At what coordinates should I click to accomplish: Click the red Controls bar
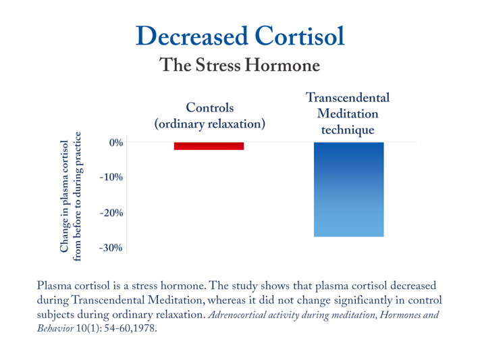[209, 146]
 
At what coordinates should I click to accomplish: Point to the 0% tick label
[114, 143]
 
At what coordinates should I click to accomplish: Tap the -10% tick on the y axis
[111, 178]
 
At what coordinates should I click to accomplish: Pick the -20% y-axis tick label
[111, 213]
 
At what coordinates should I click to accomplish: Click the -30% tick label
[111, 248]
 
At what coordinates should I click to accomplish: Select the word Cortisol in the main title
[298, 36]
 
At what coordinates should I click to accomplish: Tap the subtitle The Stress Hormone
[239, 66]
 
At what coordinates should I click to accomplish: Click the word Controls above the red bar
[209, 107]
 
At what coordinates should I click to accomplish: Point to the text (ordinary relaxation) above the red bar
[209, 124]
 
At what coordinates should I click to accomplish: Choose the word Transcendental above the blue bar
[348, 98]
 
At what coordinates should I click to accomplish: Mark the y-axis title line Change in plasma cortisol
[64, 197]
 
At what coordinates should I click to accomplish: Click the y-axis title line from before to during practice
[78, 197]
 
